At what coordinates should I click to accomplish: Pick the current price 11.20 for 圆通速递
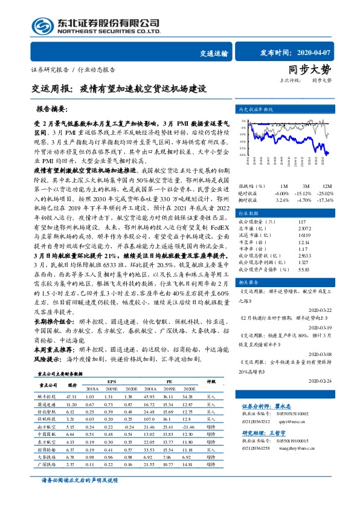click(x=72, y=403)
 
